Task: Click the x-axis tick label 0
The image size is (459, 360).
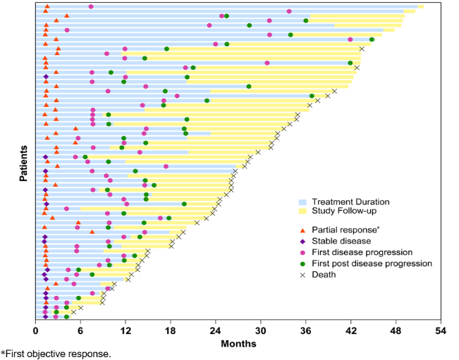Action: click(35, 330)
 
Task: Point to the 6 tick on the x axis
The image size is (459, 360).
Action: click(80, 330)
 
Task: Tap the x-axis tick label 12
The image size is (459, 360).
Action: click(126, 330)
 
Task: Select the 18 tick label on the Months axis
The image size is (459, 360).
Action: click(171, 330)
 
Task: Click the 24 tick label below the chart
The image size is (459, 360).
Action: click(216, 330)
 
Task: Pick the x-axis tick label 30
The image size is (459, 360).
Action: click(261, 330)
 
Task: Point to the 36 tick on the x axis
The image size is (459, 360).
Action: click(306, 330)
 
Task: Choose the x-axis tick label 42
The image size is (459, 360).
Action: click(351, 330)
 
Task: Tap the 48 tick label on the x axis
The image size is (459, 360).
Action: click(396, 330)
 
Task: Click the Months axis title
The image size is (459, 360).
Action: click(238, 343)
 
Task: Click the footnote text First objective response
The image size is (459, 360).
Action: click(57, 354)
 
